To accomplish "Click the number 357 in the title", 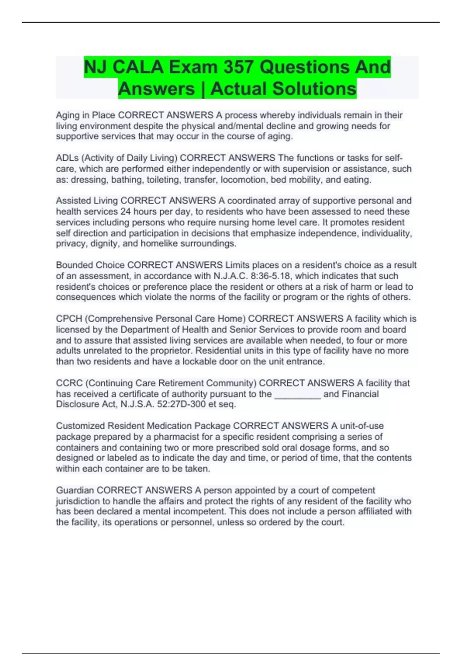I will tap(238, 67).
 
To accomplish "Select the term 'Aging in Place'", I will tap(85, 115).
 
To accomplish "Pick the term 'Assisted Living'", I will tap(87, 201).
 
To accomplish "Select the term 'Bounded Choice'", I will tap(90, 265).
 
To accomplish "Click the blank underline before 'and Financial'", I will tap(297, 394).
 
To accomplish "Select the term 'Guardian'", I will tap(75, 490).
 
